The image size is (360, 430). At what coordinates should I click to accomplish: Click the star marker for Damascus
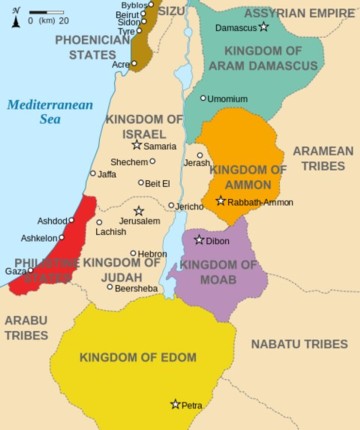pyautogui.click(x=263, y=27)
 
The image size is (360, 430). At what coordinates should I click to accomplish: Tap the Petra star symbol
pyautogui.click(x=175, y=404)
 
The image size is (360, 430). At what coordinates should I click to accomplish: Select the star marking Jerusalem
pyautogui.click(x=139, y=211)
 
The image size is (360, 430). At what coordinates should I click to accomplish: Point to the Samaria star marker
pyautogui.click(x=137, y=145)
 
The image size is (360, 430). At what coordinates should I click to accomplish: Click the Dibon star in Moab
pyautogui.click(x=199, y=239)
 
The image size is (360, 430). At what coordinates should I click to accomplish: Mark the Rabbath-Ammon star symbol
pyautogui.click(x=221, y=201)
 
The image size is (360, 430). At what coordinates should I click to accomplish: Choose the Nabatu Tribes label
pyautogui.click(x=299, y=344)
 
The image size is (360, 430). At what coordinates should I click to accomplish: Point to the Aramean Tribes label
pyautogui.click(x=322, y=158)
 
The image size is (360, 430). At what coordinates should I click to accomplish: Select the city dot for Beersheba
pyautogui.click(x=110, y=287)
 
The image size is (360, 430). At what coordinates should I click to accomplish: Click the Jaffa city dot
pyautogui.click(x=92, y=173)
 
